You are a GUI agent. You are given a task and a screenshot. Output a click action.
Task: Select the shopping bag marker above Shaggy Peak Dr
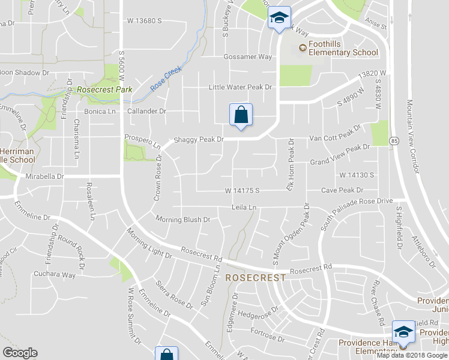click(x=241, y=115)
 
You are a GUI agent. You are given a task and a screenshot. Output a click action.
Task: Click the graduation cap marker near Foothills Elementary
click(x=279, y=18)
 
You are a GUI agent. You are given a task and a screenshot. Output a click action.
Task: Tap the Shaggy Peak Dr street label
click(x=198, y=139)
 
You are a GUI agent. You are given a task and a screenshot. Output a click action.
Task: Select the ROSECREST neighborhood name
click(x=256, y=278)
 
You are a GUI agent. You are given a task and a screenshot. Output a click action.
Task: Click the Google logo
click(x=20, y=353)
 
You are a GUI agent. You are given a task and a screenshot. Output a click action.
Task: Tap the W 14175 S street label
click(x=242, y=190)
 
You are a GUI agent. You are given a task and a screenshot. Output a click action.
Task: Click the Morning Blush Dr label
click(x=182, y=220)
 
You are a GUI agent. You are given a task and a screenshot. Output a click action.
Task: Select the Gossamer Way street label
click(x=248, y=57)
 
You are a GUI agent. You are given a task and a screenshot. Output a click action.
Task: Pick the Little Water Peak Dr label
click(x=240, y=87)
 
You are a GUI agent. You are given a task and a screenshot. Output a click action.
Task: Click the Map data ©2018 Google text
click(x=412, y=355)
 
